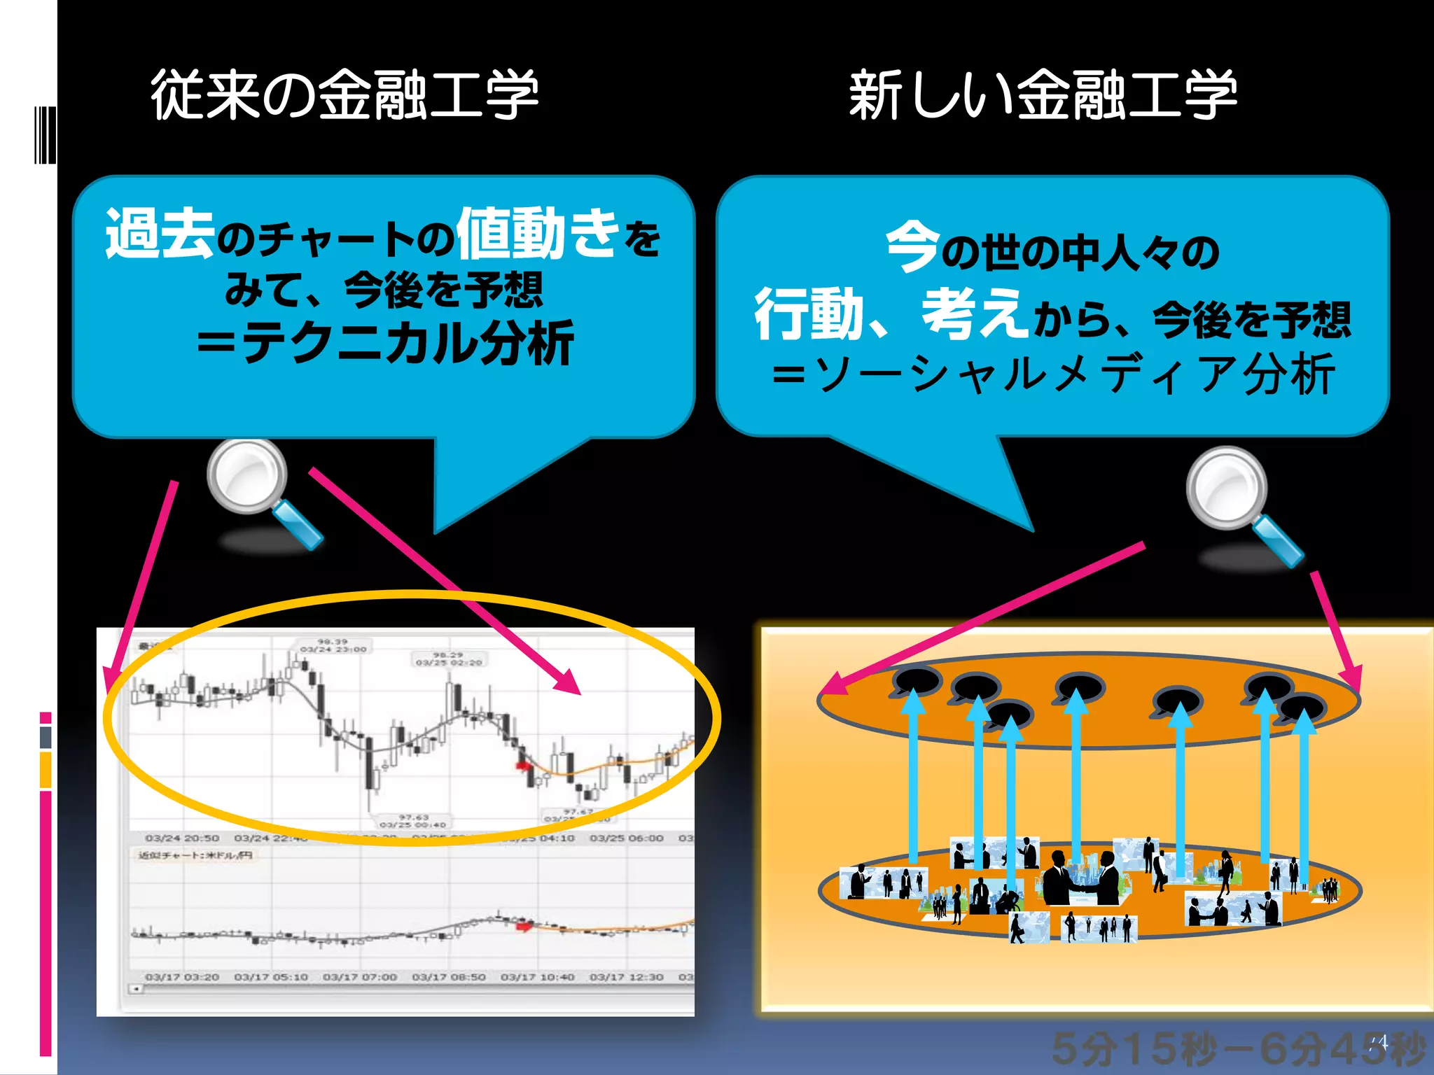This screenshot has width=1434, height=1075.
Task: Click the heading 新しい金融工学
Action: [x=1043, y=94]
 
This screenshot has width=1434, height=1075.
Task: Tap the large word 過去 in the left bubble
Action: [x=160, y=234]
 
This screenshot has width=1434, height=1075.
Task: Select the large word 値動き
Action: [x=538, y=232]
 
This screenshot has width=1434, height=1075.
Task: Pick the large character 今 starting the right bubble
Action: [x=912, y=246]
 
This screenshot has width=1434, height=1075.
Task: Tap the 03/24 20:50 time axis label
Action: [x=182, y=838]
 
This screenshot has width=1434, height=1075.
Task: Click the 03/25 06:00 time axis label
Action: [x=626, y=838]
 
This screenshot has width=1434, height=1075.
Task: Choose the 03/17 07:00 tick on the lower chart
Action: [x=360, y=976]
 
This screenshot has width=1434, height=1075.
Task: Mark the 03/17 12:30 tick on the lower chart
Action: [x=626, y=976]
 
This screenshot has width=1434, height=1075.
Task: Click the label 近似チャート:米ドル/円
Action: [x=195, y=855]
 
